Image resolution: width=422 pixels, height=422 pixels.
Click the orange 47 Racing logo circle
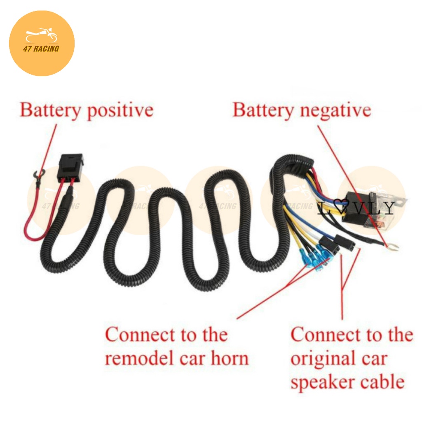(x=42, y=43)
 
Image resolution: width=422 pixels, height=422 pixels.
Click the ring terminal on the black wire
(x=389, y=246)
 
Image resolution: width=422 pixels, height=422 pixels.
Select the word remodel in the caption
(x=136, y=359)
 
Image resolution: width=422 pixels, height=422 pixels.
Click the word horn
(x=230, y=359)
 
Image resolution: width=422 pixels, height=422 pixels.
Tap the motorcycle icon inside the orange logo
(x=42, y=36)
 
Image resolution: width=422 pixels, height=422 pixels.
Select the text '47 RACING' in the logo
(x=41, y=49)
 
